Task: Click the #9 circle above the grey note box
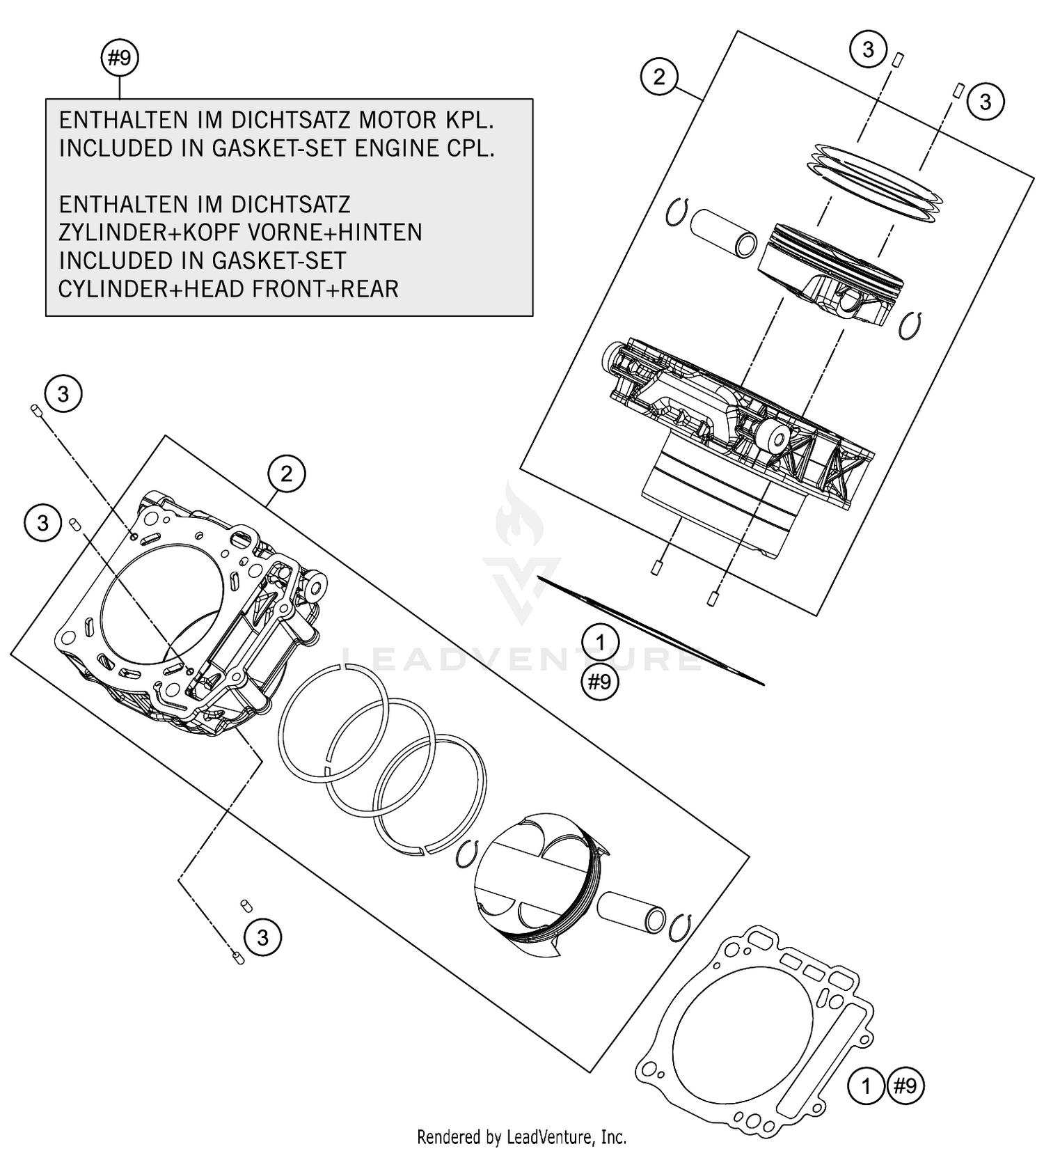click(120, 58)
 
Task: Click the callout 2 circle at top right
click(659, 76)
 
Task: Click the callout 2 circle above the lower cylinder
click(286, 474)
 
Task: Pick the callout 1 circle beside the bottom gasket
click(866, 1086)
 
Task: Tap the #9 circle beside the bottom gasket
click(905, 1086)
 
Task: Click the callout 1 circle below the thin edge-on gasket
click(600, 643)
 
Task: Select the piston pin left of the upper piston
click(723, 234)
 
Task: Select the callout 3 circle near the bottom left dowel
click(262, 937)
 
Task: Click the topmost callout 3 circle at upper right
click(868, 49)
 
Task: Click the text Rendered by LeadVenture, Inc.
click(521, 1137)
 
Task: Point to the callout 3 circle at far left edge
click(42, 522)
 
